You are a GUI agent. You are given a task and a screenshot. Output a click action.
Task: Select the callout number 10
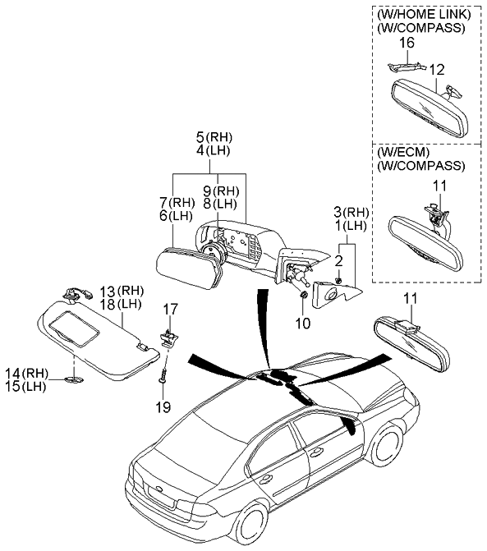pyautogui.click(x=302, y=324)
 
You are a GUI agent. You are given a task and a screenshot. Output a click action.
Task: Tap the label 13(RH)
pyautogui.click(x=122, y=291)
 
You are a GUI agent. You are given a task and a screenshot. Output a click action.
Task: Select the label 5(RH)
pyautogui.click(x=209, y=136)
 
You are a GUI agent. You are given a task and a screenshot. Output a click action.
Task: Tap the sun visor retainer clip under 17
pyautogui.click(x=167, y=337)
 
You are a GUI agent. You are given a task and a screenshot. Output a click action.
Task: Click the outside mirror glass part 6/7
pyautogui.click(x=186, y=268)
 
